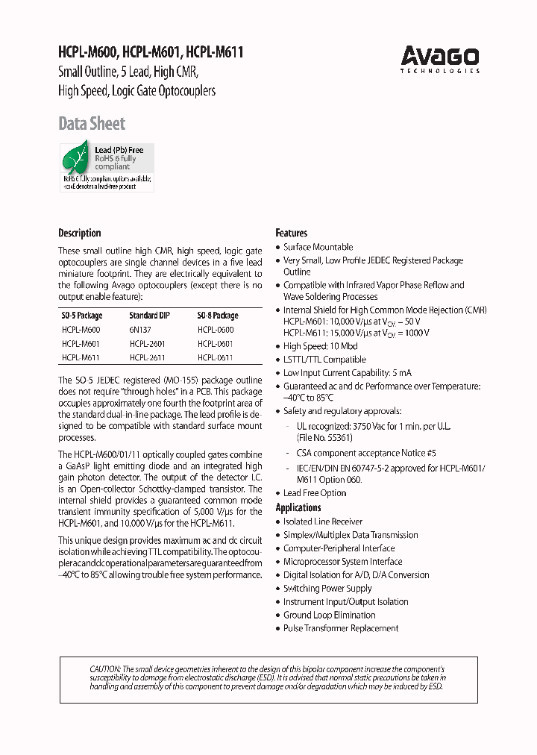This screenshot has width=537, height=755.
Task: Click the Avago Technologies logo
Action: click(439, 59)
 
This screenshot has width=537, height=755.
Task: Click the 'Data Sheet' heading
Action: click(92, 124)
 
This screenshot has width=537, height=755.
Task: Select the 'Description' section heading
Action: click(80, 233)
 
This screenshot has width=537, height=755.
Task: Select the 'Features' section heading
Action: click(291, 233)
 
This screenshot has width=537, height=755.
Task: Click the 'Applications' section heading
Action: click(298, 507)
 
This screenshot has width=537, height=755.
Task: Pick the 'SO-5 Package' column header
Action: click(82, 316)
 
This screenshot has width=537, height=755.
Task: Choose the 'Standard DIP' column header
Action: click(149, 316)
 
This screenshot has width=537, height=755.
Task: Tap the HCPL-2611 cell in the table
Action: click(147, 358)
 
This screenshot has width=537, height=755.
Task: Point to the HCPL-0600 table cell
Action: click(216, 330)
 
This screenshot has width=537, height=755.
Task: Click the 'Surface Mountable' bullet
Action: click(318, 247)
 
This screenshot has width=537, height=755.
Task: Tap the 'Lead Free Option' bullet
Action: click(315, 492)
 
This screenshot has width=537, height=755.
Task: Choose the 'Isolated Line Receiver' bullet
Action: click(323, 521)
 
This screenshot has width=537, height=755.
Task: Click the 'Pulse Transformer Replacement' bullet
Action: click(341, 628)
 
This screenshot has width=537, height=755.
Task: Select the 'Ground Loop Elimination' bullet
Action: click(330, 615)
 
